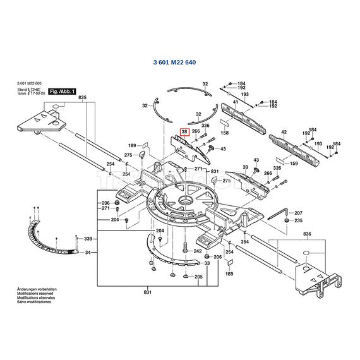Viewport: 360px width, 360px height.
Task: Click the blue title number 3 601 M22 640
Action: point(179,62)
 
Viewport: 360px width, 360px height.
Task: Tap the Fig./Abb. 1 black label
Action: point(62,92)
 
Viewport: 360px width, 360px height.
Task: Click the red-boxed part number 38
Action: point(184,131)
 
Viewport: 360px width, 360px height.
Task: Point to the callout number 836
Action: point(308,235)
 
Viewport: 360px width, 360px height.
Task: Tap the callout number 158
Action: point(225,133)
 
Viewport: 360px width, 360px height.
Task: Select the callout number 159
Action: point(294,164)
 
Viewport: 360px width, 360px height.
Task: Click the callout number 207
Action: point(299,213)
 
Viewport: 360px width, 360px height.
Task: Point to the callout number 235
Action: point(299,220)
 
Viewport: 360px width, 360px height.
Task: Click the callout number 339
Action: point(88,239)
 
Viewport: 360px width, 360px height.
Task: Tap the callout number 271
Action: point(198,169)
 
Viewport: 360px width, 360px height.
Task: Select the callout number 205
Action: point(198,277)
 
